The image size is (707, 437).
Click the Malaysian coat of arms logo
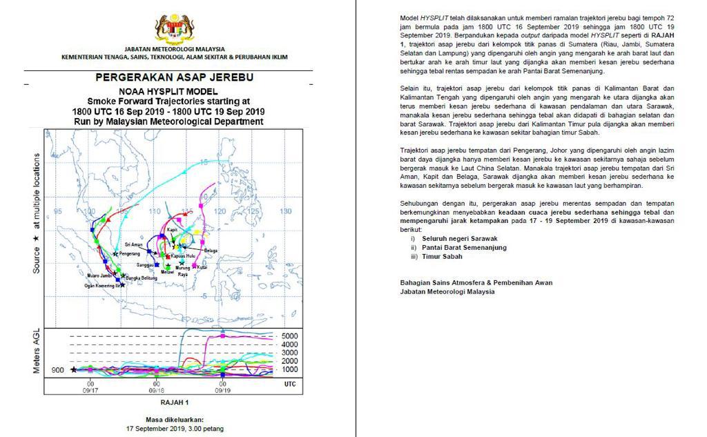(x=174, y=29)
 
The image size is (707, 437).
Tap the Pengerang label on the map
(x=130, y=254)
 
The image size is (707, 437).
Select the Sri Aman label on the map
(x=133, y=244)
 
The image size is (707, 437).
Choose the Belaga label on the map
(x=211, y=251)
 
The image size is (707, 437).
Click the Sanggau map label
(x=146, y=264)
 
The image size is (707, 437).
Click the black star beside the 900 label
(x=74, y=370)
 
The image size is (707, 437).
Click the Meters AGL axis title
(x=37, y=352)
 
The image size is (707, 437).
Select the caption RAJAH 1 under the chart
(x=174, y=402)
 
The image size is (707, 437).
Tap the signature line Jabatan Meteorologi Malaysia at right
(x=447, y=291)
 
